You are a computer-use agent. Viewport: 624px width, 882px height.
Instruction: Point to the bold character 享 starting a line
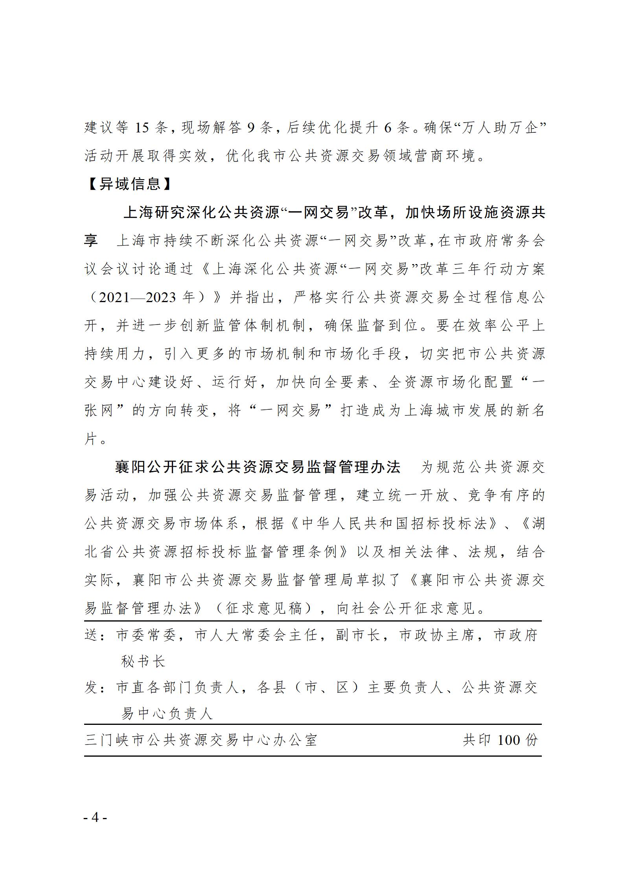pyautogui.click(x=91, y=240)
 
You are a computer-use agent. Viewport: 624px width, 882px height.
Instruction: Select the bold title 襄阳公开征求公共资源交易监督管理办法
pyautogui.click(x=258, y=467)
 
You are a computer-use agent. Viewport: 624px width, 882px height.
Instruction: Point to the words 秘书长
pyautogui.click(x=143, y=662)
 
